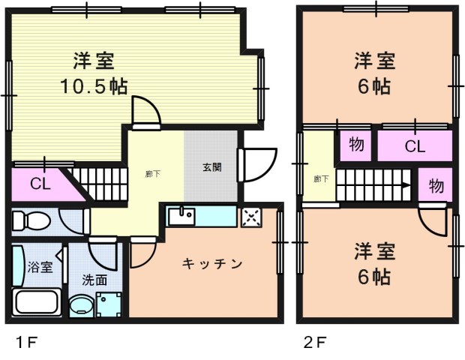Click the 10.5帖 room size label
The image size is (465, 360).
(94, 85)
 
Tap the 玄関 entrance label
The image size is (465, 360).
(211, 167)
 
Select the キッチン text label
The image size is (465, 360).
(213, 263)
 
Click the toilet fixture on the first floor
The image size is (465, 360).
(31, 221)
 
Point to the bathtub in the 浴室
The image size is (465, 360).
(38, 302)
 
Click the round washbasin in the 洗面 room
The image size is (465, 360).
(79, 306)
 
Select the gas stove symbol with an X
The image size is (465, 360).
(250, 217)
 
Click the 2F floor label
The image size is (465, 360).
(314, 344)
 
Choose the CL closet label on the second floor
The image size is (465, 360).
(415, 147)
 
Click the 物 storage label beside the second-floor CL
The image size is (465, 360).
(357, 145)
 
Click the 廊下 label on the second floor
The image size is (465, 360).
(320, 178)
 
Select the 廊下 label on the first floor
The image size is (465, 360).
(152, 174)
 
